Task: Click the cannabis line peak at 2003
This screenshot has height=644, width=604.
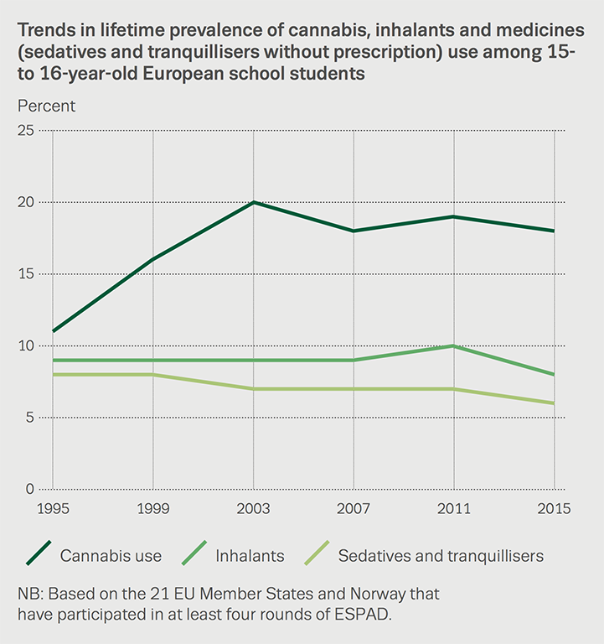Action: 253,202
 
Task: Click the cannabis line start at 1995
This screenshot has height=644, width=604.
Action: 53,331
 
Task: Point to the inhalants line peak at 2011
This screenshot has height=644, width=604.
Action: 453,345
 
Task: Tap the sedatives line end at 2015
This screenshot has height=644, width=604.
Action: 554,403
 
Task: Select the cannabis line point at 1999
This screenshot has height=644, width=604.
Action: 153,259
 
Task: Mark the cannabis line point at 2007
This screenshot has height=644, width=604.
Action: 354,231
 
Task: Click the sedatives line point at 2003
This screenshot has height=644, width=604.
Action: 253,389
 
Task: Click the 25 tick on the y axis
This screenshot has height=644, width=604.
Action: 24,131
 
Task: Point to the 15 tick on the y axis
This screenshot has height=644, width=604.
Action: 24,274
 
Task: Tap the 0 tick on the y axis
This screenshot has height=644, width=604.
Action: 28,489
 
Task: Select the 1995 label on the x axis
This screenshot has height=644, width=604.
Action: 53,509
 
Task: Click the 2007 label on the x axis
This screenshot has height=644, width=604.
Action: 354,509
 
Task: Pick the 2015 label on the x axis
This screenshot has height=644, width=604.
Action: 554,509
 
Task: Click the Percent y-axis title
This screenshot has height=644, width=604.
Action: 46,106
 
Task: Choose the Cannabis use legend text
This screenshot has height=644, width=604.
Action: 111,555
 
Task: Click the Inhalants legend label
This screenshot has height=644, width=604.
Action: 250,555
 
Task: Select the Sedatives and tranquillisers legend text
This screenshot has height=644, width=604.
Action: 441,555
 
